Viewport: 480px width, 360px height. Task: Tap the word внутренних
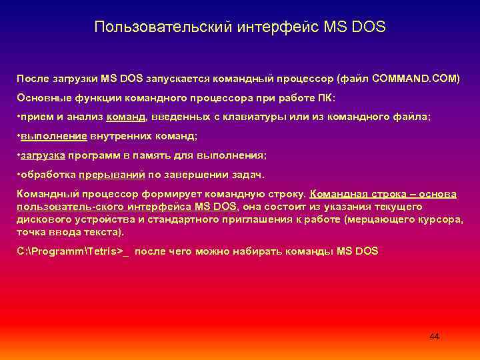coord(121,136)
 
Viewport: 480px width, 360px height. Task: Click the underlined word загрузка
coord(43,155)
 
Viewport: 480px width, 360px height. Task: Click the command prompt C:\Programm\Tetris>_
coord(73,251)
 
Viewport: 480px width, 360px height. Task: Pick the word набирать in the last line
coord(267,251)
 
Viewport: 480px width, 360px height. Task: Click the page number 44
coord(434,337)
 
